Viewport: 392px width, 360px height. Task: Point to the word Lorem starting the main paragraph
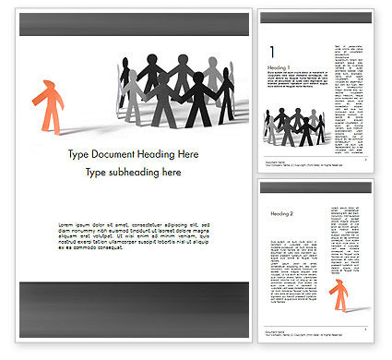pyautogui.click(x=67, y=225)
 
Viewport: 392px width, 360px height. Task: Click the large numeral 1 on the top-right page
pyautogui.click(x=270, y=53)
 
